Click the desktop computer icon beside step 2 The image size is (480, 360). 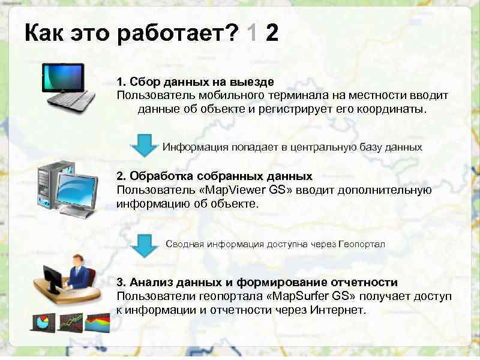[67, 186]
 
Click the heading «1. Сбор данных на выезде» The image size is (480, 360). [195, 81]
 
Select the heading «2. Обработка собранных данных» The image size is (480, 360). [214, 176]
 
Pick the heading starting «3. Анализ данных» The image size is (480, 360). [257, 282]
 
